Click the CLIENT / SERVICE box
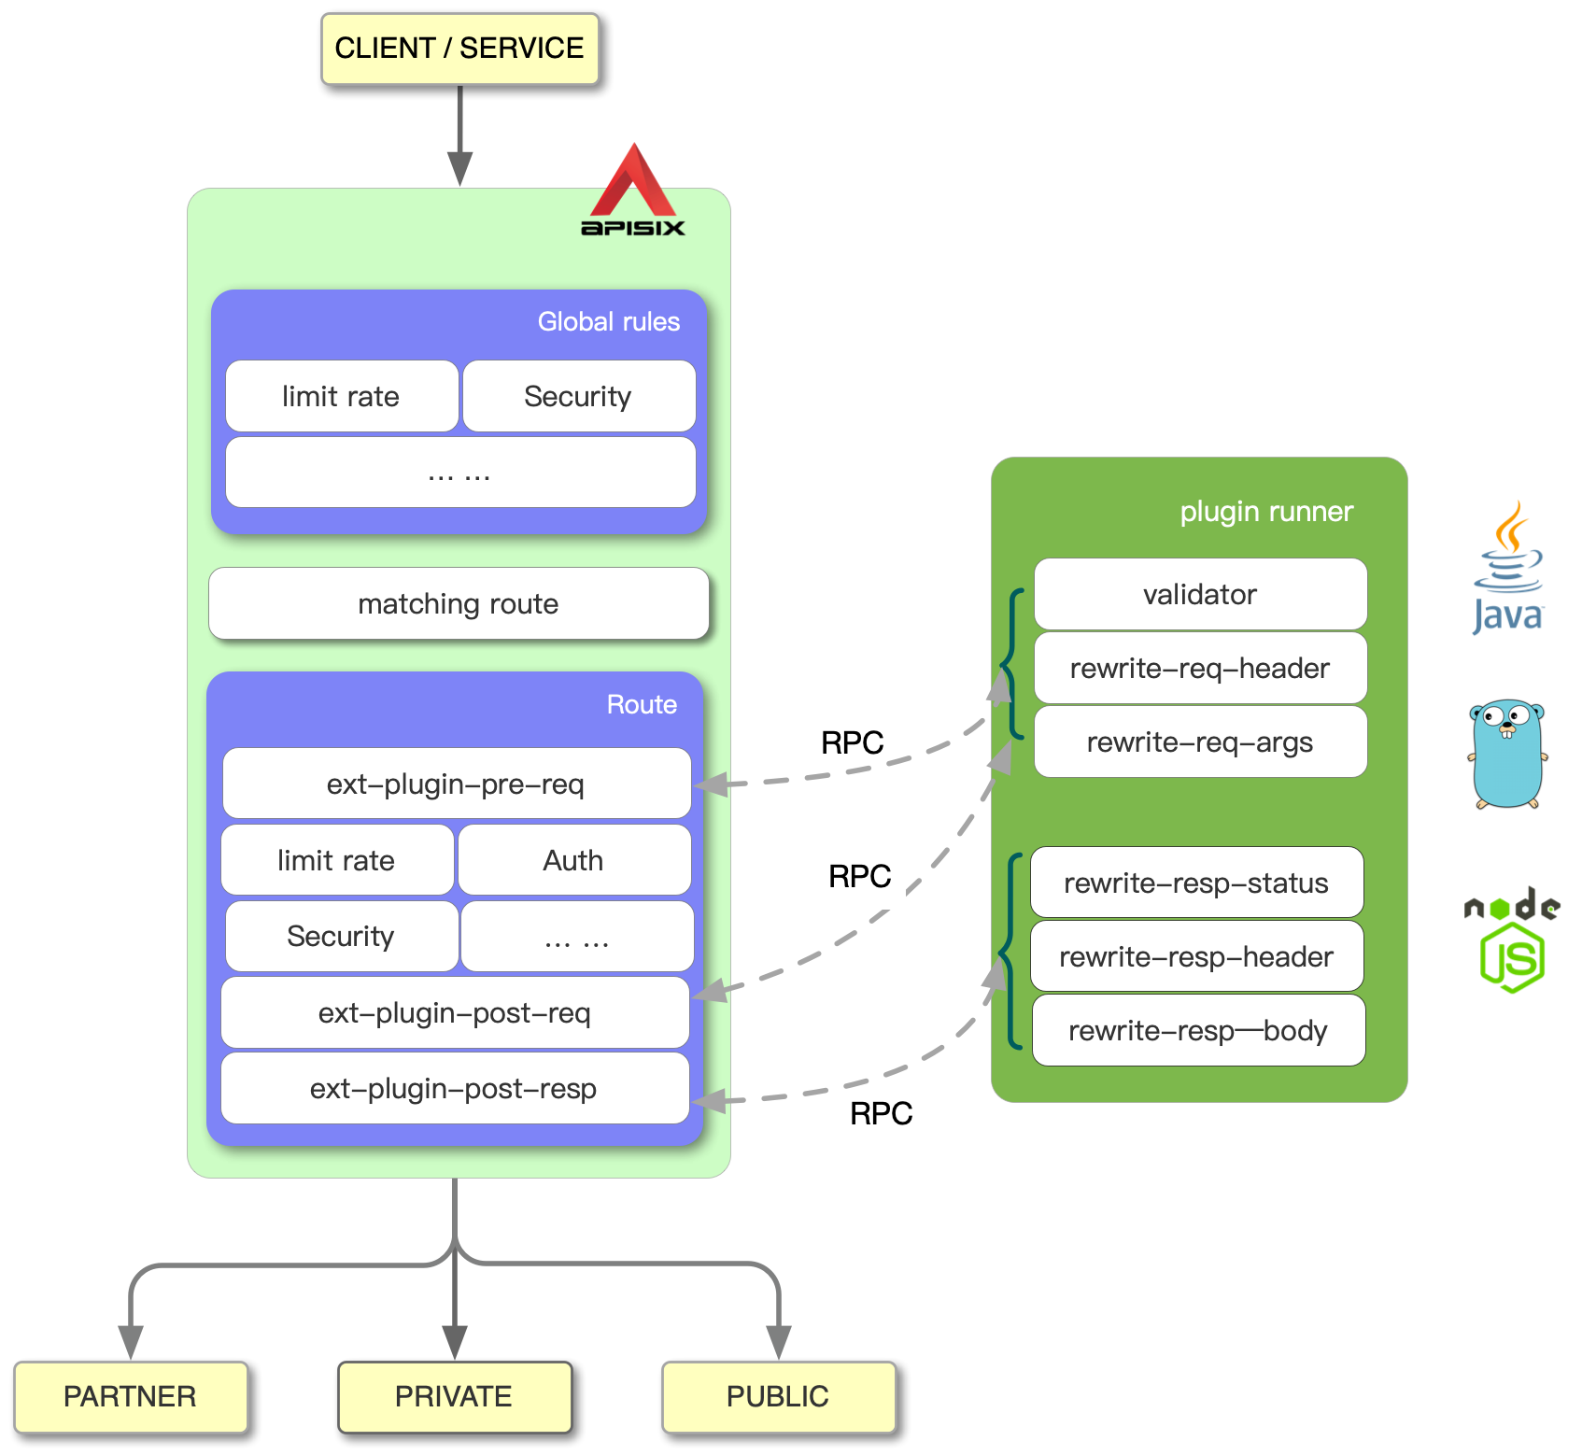click(459, 49)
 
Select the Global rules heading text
click(608, 322)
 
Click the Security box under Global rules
click(579, 397)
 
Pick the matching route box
click(459, 604)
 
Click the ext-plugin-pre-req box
click(456, 784)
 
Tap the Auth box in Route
click(573, 860)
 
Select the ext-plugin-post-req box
click(455, 1013)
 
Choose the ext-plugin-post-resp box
click(455, 1089)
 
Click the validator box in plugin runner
click(1200, 595)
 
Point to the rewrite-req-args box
click(1200, 742)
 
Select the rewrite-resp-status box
click(1196, 883)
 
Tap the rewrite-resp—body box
click(1198, 1031)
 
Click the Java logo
click(1508, 570)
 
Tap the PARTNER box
click(131, 1397)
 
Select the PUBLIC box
click(778, 1397)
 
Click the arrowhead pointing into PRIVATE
click(455, 1342)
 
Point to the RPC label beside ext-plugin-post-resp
click(881, 1113)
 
